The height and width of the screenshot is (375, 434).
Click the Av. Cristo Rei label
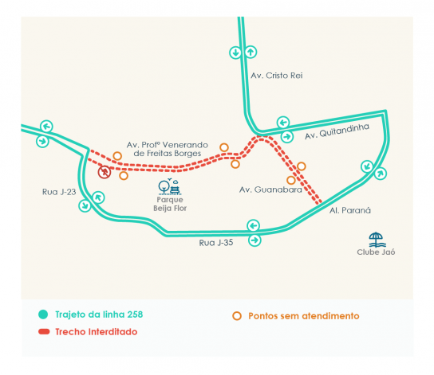pyautogui.click(x=277, y=76)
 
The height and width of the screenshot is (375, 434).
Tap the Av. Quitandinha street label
pyautogui.click(x=337, y=131)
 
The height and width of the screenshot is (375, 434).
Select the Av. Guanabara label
pyautogui.click(x=270, y=189)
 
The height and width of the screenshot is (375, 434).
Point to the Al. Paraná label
pyautogui.click(x=350, y=210)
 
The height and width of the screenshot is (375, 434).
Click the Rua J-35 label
pyautogui.click(x=216, y=243)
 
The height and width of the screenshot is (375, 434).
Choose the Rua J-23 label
pyautogui.click(x=59, y=192)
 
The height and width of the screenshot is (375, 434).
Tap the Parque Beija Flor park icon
pyautogui.click(x=169, y=186)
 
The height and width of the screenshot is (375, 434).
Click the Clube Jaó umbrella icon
pyautogui.click(x=377, y=240)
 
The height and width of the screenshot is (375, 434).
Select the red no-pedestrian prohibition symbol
pyautogui.click(x=105, y=172)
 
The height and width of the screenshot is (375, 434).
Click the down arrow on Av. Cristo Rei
pyautogui.click(x=235, y=53)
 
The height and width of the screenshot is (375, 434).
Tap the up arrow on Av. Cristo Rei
pyautogui.click(x=251, y=52)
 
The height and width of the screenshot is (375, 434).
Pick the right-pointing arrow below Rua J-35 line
pyautogui.click(x=254, y=240)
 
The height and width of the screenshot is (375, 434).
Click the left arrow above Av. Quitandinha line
pyautogui.click(x=283, y=123)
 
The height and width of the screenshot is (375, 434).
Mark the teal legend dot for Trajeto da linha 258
pyautogui.click(x=43, y=314)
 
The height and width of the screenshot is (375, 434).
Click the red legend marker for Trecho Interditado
pyautogui.click(x=44, y=332)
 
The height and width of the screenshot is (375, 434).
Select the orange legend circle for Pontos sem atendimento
pyautogui.click(x=237, y=316)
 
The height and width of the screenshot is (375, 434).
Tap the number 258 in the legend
pyautogui.click(x=135, y=314)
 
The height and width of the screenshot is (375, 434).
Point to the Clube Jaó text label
pyautogui.click(x=376, y=252)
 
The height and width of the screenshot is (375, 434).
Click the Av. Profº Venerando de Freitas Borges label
pyautogui.click(x=168, y=149)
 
